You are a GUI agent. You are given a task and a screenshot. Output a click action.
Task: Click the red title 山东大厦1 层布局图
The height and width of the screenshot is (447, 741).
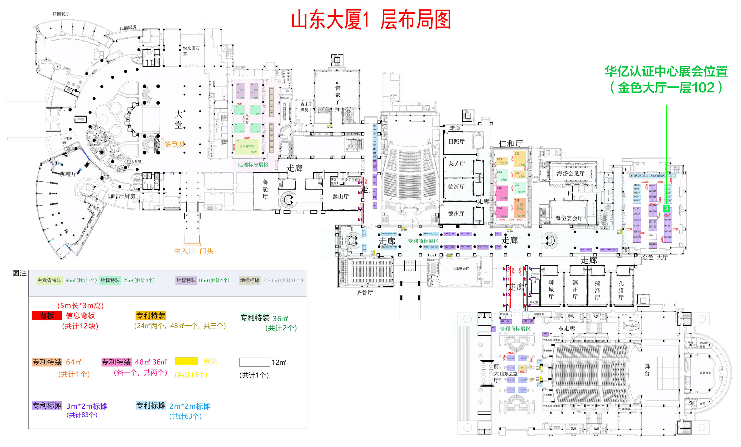click(371, 19)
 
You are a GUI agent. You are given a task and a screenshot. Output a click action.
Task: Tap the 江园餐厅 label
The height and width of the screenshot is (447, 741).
click(61, 14)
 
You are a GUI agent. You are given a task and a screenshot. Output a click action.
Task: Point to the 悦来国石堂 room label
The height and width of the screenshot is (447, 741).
click(191, 51)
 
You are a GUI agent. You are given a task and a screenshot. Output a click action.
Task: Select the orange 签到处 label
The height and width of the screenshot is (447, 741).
click(175, 144)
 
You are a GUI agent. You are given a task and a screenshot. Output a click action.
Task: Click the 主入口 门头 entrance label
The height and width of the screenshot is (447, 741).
click(193, 251)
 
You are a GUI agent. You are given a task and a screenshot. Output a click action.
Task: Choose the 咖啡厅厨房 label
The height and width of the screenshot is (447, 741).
click(121, 196)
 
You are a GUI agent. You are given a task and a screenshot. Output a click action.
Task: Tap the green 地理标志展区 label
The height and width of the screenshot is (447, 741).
click(253, 165)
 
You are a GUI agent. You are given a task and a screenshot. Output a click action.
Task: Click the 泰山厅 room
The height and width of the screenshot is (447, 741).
click(340, 197)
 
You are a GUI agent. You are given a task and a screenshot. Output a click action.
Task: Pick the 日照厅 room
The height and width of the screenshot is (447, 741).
click(456, 142)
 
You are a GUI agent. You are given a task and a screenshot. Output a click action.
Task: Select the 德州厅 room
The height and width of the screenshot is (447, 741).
click(456, 214)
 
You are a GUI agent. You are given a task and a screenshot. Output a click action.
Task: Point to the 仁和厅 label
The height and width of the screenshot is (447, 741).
click(511, 143)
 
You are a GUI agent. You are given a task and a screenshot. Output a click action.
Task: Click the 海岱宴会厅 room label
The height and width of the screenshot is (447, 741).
click(569, 218)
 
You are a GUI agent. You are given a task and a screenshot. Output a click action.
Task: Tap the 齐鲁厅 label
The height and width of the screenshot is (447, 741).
click(364, 292)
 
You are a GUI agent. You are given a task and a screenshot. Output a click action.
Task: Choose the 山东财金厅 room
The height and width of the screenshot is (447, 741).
click(461, 269)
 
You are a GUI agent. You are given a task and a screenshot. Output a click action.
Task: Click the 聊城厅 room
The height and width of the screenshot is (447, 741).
click(551, 289)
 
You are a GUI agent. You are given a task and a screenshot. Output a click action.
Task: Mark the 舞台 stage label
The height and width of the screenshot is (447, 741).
click(647, 370)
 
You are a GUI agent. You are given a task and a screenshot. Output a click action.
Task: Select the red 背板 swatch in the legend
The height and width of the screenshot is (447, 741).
click(47, 316)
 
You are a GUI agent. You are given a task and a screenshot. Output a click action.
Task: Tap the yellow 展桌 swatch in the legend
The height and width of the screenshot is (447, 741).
click(186, 361)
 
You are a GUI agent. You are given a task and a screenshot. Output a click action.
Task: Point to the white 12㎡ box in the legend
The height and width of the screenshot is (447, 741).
click(254, 362)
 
